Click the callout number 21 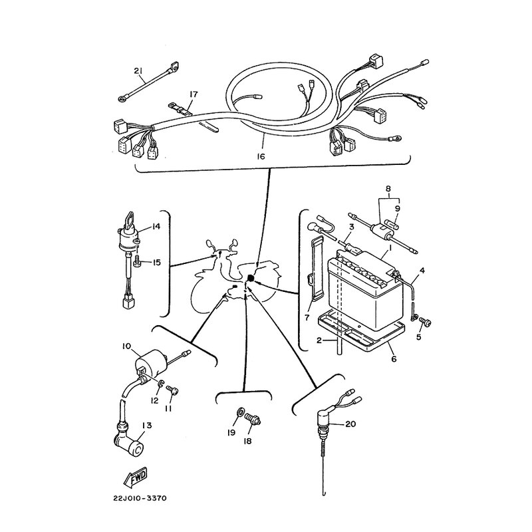(138, 71)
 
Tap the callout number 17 (194, 94)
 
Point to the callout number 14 (156, 227)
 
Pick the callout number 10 (126, 346)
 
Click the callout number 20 (351, 424)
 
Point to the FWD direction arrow (135, 477)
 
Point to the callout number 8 (388, 188)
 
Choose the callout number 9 (398, 207)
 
